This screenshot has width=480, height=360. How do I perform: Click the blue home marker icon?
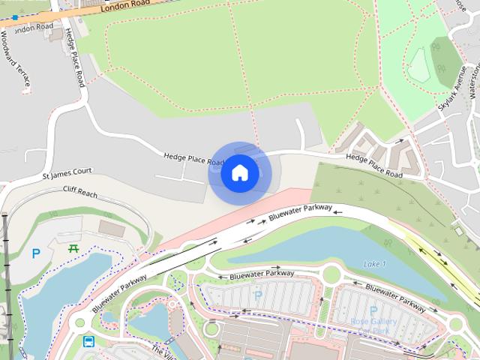239,173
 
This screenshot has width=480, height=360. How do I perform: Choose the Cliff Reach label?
80,192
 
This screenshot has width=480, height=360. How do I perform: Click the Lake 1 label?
374,264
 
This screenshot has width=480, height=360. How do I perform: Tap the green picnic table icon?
73,248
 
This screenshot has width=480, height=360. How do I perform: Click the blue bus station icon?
88,343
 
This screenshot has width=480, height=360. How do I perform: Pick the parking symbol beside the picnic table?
36,253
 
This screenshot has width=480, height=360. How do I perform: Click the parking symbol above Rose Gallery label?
373,310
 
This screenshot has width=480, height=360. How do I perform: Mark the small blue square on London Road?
14,17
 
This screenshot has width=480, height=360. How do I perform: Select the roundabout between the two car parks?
331,274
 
